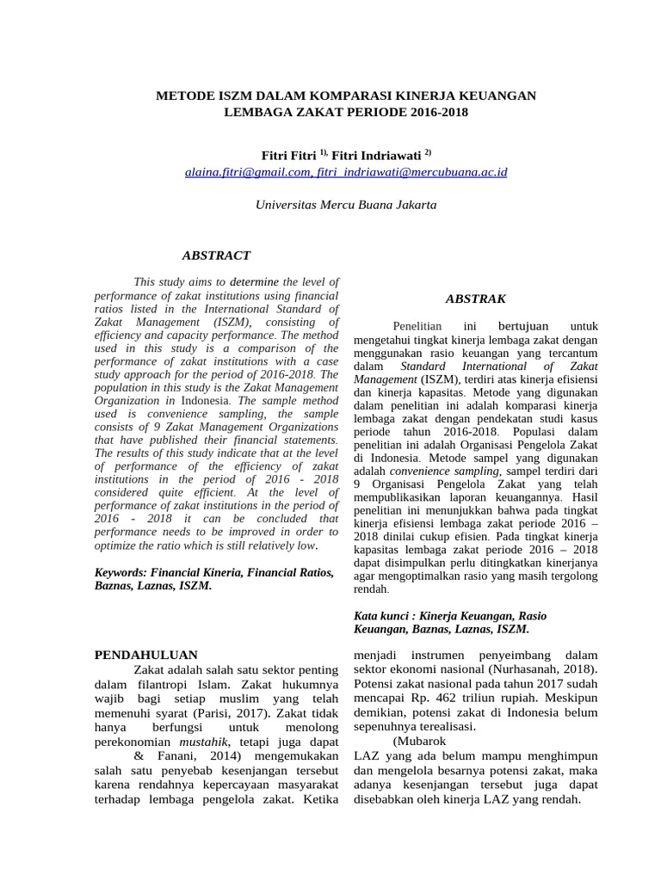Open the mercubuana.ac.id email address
(x=412, y=172)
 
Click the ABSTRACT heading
(x=216, y=256)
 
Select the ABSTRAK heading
(x=475, y=299)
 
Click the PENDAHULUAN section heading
(x=145, y=655)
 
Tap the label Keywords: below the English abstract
(x=120, y=572)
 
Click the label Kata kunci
(x=381, y=616)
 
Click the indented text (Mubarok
(x=419, y=741)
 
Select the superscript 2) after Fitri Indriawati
(x=427, y=152)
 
